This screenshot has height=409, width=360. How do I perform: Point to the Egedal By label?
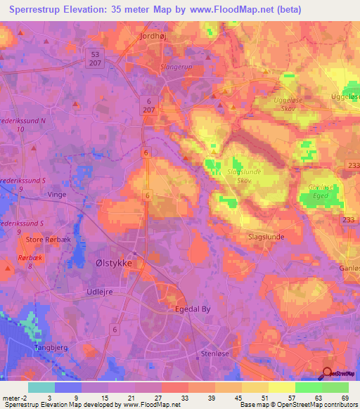[193, 309]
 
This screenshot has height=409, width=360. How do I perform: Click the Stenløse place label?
[216, 354]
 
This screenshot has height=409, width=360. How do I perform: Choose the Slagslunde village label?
[266, 237]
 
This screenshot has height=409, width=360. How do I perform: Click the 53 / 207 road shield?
[96, 58]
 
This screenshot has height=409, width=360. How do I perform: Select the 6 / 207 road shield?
[149, 105]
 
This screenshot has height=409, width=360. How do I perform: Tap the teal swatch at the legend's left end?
[41, 387]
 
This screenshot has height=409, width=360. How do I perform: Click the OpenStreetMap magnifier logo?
[327, 374]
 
